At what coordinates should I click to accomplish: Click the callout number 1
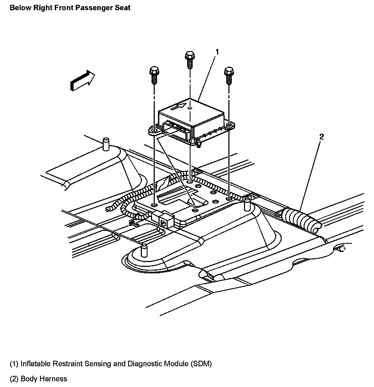[217, 52]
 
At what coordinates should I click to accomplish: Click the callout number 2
[321, 137]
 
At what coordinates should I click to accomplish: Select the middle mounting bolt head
[190, 56]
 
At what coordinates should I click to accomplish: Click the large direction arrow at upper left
[82, 80]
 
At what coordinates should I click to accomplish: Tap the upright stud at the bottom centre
[144, 250]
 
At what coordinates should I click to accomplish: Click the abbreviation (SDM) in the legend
[201, 364]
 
